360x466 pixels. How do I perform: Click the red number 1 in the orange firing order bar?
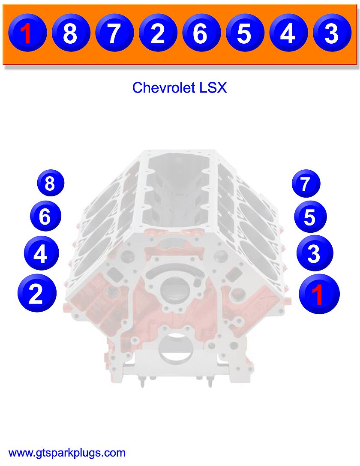click(27, 33)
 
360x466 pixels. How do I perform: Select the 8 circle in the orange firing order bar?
click(70, 33)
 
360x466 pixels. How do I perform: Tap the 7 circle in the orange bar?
click(114, 33)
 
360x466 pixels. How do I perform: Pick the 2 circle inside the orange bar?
click(158, 33)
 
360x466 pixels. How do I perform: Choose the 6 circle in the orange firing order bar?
click(201, 33)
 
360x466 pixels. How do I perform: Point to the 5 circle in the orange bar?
click(245, 33)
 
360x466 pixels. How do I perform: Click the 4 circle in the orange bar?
click(288, 33)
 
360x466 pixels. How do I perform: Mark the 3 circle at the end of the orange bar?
click(332, 33)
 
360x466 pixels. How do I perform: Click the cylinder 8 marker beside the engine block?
click(50, 183)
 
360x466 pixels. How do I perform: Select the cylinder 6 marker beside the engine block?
click(45, 216)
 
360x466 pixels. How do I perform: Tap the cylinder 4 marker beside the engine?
click(40, 254)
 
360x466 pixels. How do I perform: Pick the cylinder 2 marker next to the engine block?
click(36, 294)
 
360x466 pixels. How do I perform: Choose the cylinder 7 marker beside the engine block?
click(306, 184)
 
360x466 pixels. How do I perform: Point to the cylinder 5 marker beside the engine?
click(310, 217)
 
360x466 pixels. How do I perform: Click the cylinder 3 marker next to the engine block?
click(314, 254)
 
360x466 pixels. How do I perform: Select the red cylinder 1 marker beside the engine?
click(318, 294)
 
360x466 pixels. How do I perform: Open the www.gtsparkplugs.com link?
click(67, 453)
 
